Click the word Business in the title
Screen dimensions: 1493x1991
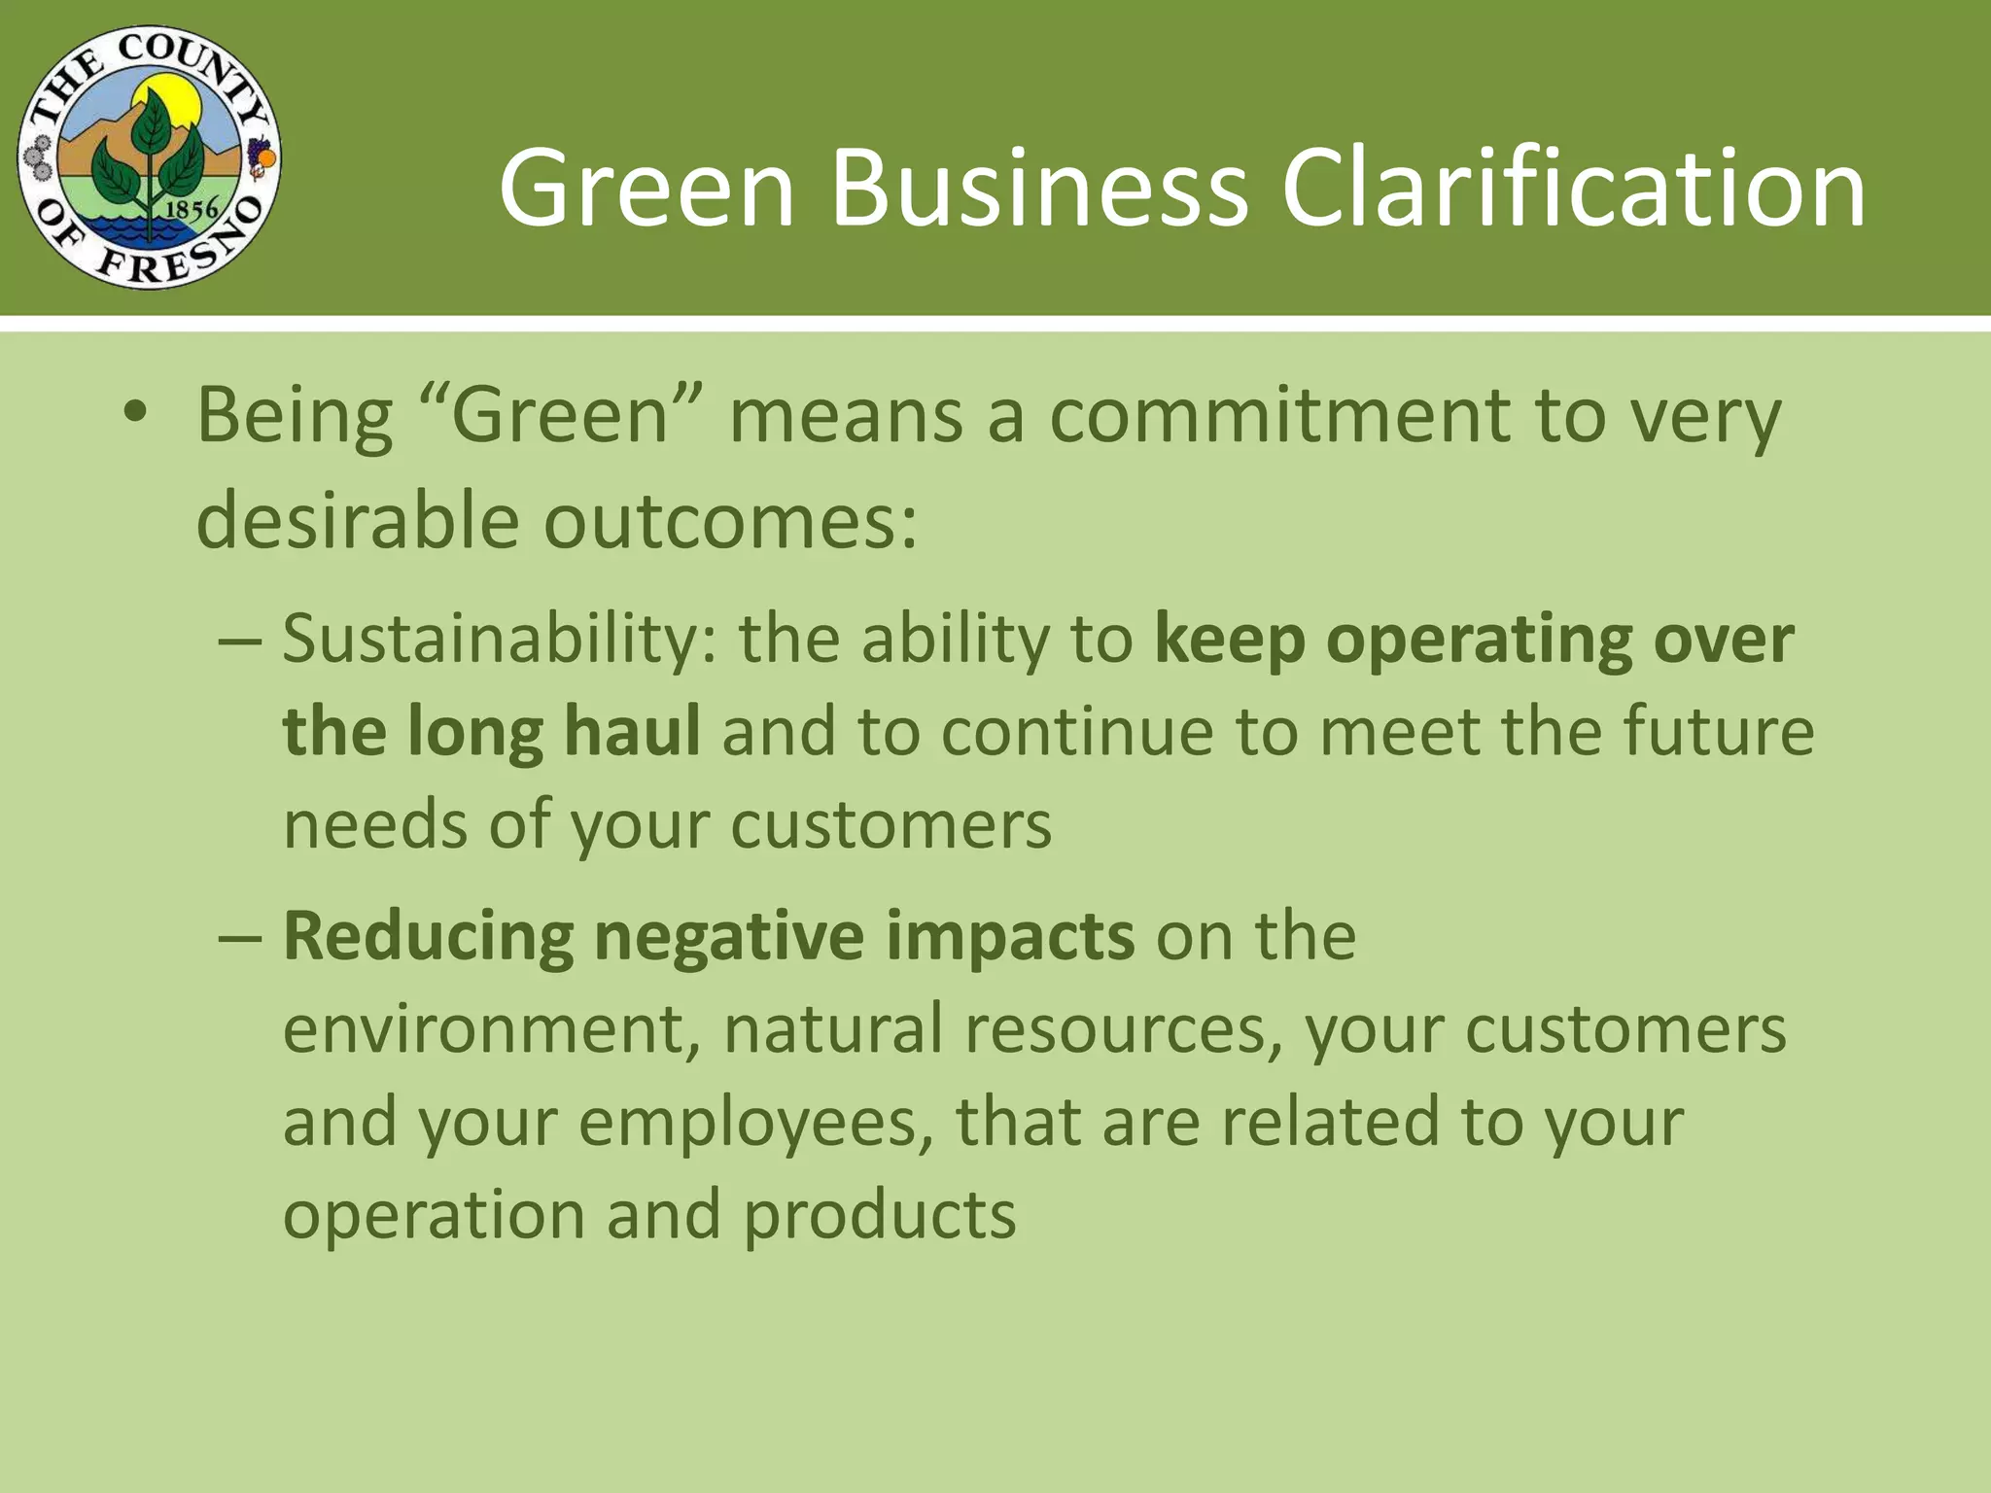[x=1038, y=188]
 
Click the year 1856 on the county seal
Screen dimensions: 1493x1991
[x=192, y=209]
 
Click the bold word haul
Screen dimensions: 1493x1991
[x=631, y=731]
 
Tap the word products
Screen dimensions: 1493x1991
[x=879, y=1215]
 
